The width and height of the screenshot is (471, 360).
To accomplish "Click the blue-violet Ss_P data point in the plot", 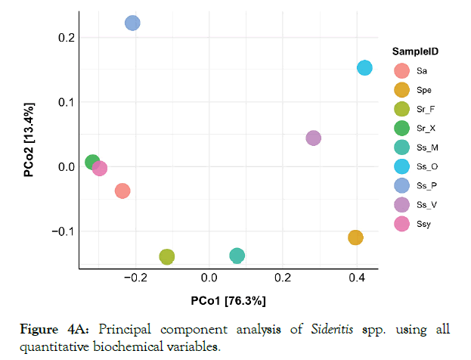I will point(132,23).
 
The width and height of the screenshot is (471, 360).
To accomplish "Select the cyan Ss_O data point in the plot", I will point(364,68).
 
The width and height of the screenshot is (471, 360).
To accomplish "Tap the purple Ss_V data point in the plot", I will point(313,138).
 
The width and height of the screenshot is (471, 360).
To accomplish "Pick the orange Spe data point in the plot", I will point(355,237).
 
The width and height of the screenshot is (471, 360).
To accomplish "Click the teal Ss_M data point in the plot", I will point(237,256).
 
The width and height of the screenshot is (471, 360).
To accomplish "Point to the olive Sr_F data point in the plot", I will point(167,256).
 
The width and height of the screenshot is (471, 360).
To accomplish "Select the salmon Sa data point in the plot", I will point(122,191).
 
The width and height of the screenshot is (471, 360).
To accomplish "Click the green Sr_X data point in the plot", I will point(92,162).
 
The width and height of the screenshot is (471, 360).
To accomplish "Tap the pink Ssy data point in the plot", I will point(100,168).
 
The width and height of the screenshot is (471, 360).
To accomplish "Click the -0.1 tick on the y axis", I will point(62,231).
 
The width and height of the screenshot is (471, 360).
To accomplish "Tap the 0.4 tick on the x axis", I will point(357,278).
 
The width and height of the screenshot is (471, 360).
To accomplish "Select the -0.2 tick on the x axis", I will point(135,278).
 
